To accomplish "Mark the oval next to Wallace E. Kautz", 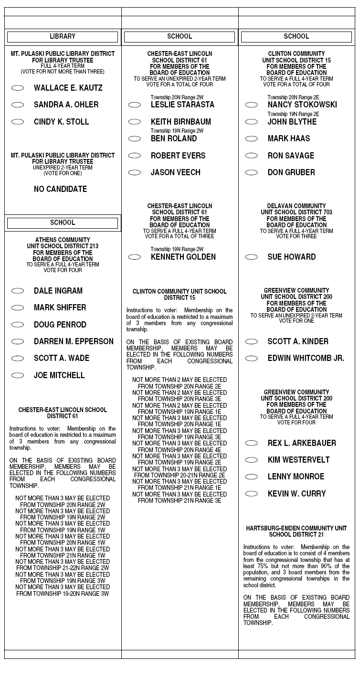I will (x=18, y=88).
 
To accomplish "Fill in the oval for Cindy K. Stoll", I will (x=18, y=122).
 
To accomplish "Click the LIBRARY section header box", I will (x=63, y=37).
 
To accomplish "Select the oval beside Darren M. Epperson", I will (x=18, y=341).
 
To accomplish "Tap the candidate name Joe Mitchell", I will (x=59, y=375).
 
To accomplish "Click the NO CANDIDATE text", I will (x=60, y=189).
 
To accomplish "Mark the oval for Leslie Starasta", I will (x=135, y=105).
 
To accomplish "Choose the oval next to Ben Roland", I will (x=135, y=138).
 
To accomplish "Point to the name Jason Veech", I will (x=176, y=172).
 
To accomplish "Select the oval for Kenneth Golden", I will (x=135, y=257).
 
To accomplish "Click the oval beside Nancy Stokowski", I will (x=252, y=105).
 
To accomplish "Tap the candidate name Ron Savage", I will (x=291, y=156).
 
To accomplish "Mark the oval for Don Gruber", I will (x=252, y=172).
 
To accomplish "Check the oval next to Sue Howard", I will (x=252, y=257).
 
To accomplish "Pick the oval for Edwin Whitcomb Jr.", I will (x=252, y=358).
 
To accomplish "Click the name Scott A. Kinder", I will (x=298, y=341).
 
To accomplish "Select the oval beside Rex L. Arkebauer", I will (x=252, y=443).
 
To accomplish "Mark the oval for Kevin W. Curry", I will (x=252, y=494).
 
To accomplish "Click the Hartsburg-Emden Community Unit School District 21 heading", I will (x=296, y=531).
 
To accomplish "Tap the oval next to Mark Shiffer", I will (x=18, y=307).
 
